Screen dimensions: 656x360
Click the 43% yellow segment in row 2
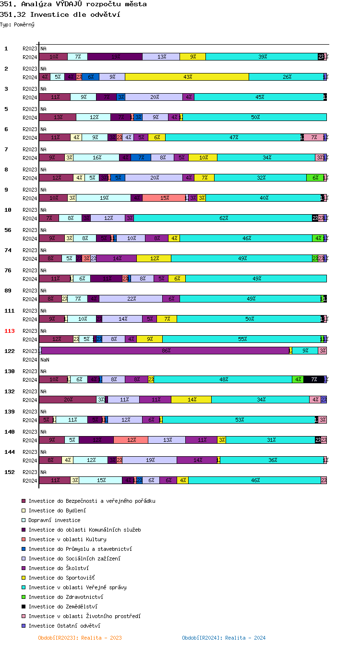click(x=187, y=77)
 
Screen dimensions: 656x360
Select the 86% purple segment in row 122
click(x=166, y=351)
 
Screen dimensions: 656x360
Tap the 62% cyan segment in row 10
click(x=223, y=218)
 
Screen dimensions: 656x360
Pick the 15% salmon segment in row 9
click(x=164, y=198)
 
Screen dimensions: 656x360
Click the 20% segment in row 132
click(x=68, y=400)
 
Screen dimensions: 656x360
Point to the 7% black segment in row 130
click(x=314, y=379)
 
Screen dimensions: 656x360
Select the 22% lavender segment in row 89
click(x=131, y=299)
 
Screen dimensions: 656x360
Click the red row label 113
click(x=10, y=331)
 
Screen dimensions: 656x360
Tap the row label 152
click(x=10, y=472)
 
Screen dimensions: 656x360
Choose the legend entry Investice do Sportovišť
click(x=61, y=578)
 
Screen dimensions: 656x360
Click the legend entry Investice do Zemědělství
click(x=62, y=607)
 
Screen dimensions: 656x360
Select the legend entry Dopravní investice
click(x=54, y=520)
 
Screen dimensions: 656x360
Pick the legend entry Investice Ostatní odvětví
click(x=64, y=626)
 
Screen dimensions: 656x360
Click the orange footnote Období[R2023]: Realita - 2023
click(x=80, y=638)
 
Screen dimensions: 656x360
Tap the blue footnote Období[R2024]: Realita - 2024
click(x=224, y=638)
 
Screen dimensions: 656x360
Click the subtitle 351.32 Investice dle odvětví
click(x=60, y=14)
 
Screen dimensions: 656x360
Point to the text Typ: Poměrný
click(x=17, y=24)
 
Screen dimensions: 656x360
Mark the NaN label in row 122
click(x=45, y=360)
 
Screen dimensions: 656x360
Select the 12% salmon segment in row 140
click(x=131, y=440)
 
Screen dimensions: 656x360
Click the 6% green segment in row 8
click(x=315, y=178)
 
